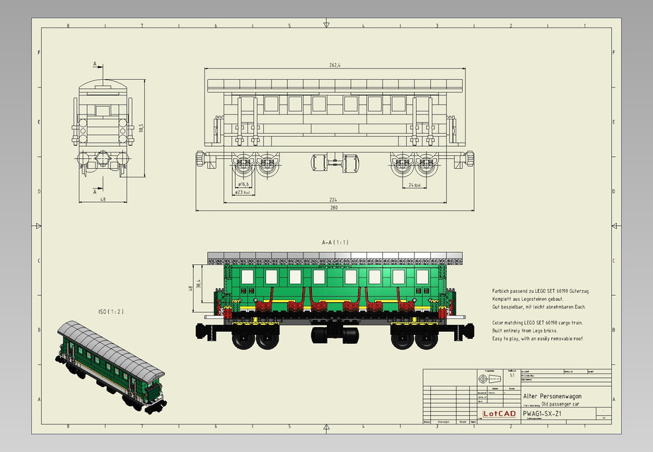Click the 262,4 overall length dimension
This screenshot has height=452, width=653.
pyautogui.click(x=335, y=65)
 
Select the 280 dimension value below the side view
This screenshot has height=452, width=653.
pyautogui.click(x=334, y=208)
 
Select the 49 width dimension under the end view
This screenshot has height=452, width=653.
pyautogui.click(x=103, y=199)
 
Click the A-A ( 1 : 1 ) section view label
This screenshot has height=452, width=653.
pyautogui.click(x=335, y=242)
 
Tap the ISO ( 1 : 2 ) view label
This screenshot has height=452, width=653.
pyautogui.click(x=110, y=311)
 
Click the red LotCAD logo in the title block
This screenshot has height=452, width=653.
pyautogui.click(x=499, y=413)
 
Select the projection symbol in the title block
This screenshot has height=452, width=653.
pyautogui.click(x=488, y=378)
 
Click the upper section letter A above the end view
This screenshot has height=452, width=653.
pyautogui.click(x=95, y=64)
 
